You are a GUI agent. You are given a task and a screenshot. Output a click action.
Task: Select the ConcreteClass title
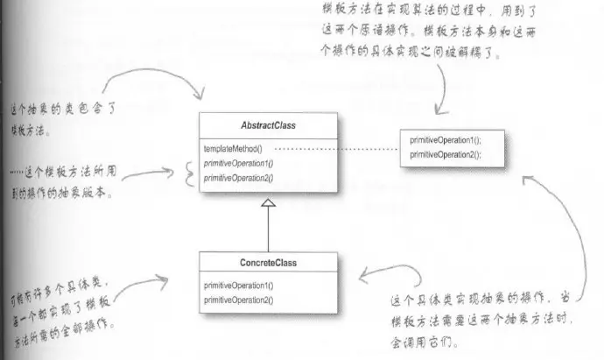click(265, 262)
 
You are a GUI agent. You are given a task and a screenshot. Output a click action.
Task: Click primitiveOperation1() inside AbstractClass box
click(238, 164)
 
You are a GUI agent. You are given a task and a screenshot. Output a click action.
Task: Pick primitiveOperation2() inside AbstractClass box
click(238, 178)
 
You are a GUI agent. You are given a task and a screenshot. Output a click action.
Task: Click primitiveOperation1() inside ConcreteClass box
click(239, 286)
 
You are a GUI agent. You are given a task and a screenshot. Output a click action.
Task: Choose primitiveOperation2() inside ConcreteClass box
click(239, 300)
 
